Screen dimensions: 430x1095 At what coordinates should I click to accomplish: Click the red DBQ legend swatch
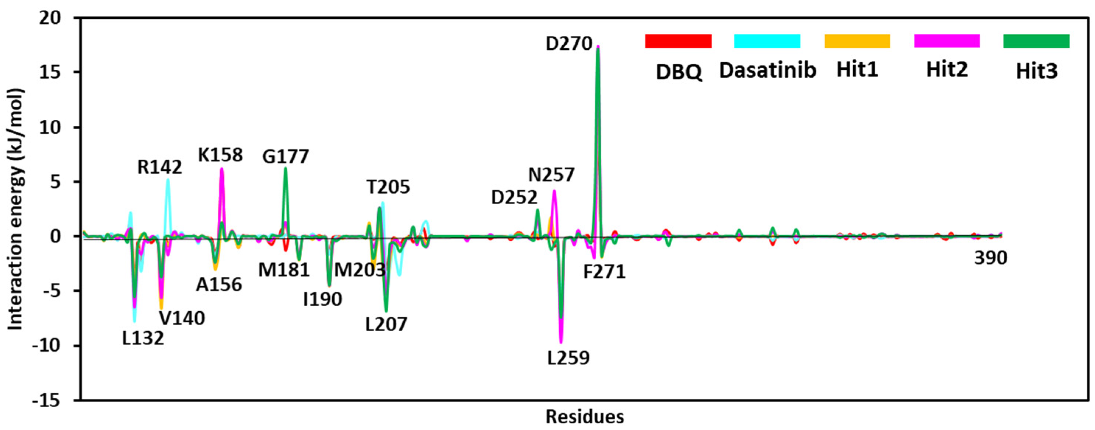[x=678, y=41]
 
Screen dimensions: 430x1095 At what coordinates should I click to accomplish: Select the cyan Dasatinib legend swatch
[x=767, y=41]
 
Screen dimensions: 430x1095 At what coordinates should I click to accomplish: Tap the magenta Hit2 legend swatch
[x=947, y=41]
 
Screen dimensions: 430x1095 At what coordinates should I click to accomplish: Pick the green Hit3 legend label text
[x=1037, y=72]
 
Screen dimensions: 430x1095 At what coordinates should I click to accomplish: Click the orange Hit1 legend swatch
[x=857, y=41]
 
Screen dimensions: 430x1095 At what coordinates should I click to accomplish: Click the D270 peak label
[x=569, y=44]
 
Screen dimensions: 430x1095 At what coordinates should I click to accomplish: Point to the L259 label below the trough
[x=569, y=358]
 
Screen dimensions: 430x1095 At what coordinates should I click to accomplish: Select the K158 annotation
[x=220, y=155]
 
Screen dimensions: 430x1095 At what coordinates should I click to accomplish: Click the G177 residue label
[x=285, y=157]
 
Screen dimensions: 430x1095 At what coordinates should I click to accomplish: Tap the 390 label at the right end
[x=990, y=258]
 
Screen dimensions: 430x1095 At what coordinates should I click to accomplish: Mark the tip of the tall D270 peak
[x=598, y=46]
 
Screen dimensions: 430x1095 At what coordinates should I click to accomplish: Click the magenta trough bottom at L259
[x=561, y=341]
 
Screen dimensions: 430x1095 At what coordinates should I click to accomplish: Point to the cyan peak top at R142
[x=168, y=180]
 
